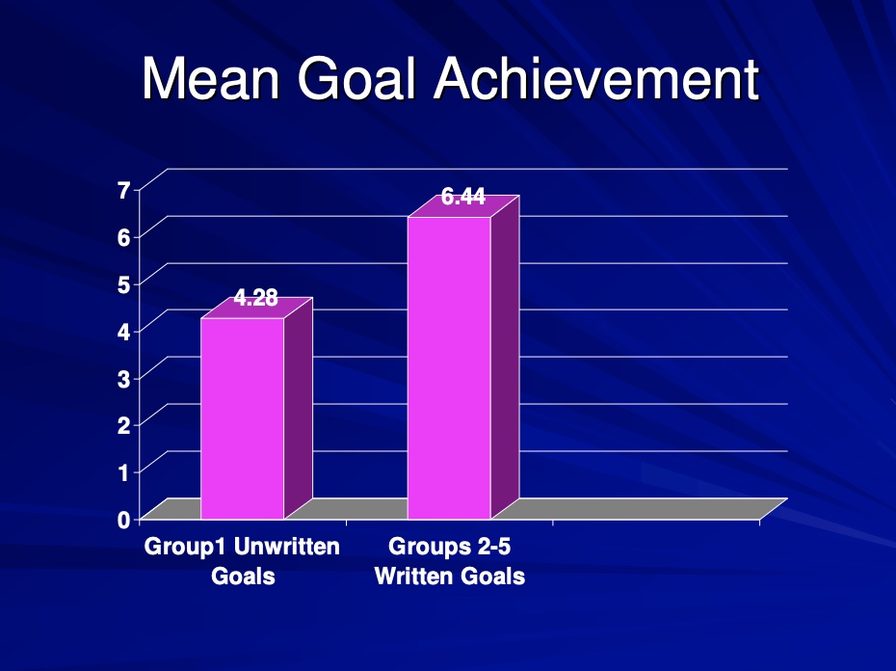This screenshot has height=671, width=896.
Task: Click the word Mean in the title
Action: coord(211,79)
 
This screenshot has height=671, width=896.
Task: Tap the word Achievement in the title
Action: coord(596,79)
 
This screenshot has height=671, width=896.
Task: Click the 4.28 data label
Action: coord(256,298)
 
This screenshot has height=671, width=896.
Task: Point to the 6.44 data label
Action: coord(463,197)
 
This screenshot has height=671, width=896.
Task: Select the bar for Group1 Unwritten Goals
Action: coord(242,418)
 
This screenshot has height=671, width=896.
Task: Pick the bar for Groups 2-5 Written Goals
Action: coord(449,368)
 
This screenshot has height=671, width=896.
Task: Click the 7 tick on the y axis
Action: coord(124,190)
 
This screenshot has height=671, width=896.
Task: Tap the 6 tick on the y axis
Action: coord(124,237)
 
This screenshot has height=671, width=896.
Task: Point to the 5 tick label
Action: coord(124,284)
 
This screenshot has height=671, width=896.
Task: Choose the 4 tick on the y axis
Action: coord(124,332)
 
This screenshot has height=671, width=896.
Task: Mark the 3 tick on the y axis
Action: coord(124,378)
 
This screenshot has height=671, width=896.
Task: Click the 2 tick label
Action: coord(124,425)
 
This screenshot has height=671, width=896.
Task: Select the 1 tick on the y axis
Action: coord(124,472)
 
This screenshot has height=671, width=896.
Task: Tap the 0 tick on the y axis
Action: coord(124,520)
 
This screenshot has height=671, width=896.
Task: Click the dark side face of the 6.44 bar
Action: coord(505,358)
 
